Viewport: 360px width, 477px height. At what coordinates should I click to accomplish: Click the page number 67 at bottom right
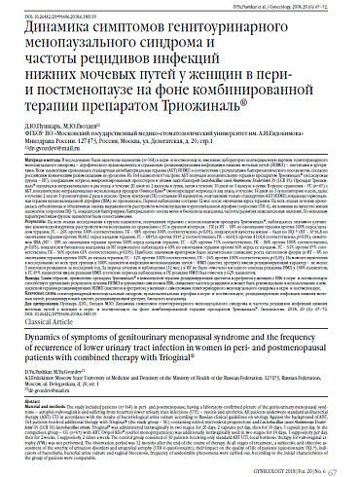[346, 463]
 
